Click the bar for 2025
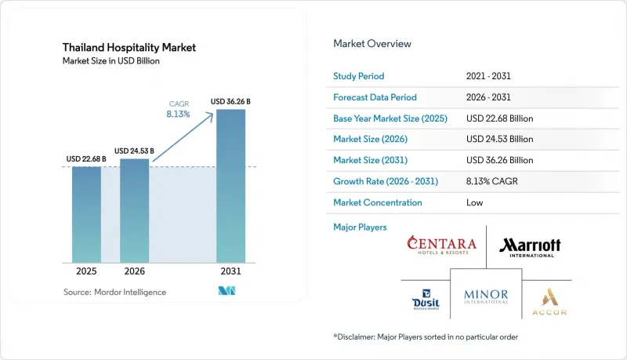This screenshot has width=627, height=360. (86, 215)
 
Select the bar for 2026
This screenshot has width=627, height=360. (134, 211)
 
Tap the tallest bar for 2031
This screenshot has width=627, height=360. (230, 186)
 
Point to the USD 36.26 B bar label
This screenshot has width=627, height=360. (230, 102)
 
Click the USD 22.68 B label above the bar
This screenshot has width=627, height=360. (86, 158)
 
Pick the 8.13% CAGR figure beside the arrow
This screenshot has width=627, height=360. (178, 114)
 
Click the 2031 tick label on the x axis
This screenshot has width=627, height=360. (230, 271)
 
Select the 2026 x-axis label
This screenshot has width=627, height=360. (134, 271)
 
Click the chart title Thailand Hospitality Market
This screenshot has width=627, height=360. (129, 48)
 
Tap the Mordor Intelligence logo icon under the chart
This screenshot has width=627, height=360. (227, 291)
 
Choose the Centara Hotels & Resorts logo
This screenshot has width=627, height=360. (442, 245)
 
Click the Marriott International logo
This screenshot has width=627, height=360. (531, 248)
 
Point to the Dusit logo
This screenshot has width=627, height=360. (426, 300)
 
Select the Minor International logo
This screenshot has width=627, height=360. (486, 296)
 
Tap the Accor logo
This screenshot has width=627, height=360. (549, 302)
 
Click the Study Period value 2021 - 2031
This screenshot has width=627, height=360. (488, 76)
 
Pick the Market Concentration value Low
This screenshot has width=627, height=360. (475, 202)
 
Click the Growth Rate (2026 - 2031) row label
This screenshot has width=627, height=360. (386, 181)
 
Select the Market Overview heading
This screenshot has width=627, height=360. (372, 44)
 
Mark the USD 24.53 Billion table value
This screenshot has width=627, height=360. (500, 139)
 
